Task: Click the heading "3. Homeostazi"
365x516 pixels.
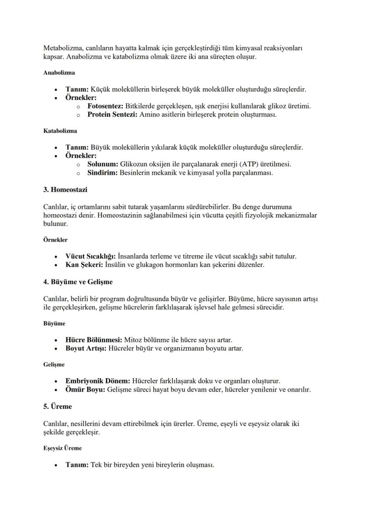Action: pyautogui.click(x=65, y=189)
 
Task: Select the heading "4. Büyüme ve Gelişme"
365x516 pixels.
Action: pyautogui.click(x=78, y=282)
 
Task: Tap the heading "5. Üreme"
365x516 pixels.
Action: pyautogui.click(x=57, y=406)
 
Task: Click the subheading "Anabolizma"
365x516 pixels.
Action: pyautogui.click(x=59, y=72)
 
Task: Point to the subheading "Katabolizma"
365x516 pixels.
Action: pyautogui.click(x=60, y=131)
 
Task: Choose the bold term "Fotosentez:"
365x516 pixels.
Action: pyautogui.click(x=105, y=106)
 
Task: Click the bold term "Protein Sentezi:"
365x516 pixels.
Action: pyautogui.click(x=112, y=115)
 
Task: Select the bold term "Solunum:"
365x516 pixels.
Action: pyautogui.click(x=103, y=164)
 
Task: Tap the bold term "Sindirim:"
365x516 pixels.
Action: pyautogui.click(x=102, y=173)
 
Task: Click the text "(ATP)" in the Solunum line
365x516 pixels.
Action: pyautogui.click(x=246, y=164)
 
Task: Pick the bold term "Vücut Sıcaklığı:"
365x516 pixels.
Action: pyautogui.click(x=91, y=256)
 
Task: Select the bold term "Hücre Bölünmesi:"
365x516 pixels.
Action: pyautogui.click(x=94, y=340)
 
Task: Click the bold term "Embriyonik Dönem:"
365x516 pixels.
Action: pyautogui.click(x=98, y=381)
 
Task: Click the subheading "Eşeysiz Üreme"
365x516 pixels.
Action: pyautogui.click(x=62, y=448)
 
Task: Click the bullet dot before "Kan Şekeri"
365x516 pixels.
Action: pyautogui.click(x=56, y=265)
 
